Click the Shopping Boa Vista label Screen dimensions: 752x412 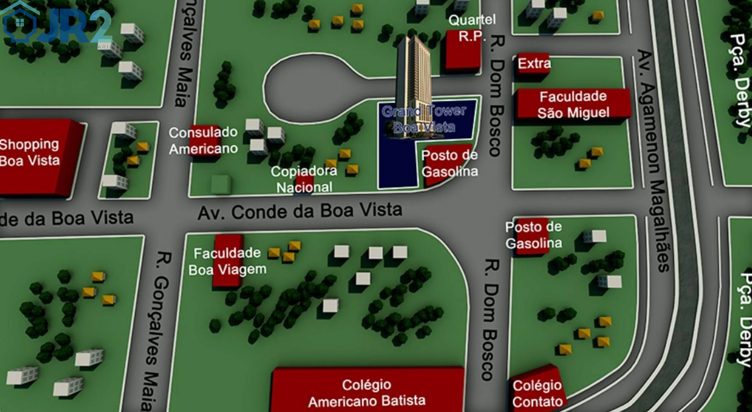point(30,152)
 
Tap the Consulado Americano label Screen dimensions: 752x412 point(203,141)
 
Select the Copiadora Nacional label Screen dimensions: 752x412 point(304,179)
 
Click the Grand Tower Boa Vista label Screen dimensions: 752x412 point(424,119)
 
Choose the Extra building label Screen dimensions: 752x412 point(534,63)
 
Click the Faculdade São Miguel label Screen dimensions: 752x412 point(573,105)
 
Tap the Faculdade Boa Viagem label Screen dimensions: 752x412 point(227,261)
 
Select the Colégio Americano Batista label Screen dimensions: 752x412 point(367,393)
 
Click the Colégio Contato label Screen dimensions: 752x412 point(537,394)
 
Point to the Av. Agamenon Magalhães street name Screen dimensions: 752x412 point(653,161)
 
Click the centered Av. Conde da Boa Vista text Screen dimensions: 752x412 point(300,211)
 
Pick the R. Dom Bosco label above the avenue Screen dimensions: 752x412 point(495,96)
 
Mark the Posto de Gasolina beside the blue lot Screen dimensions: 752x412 point(449,163)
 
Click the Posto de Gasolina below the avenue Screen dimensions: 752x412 point(533,235)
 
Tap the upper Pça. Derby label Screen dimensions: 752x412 point(740,80)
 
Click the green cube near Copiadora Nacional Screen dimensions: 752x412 point(221,184)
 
